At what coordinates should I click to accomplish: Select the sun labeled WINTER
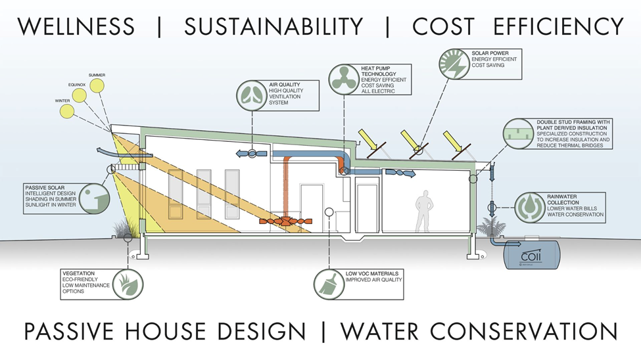pos(68,110)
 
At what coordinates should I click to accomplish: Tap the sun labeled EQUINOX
pos(80,95)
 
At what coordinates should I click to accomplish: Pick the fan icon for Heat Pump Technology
pos(344,78)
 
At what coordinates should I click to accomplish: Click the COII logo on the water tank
pos(529,254)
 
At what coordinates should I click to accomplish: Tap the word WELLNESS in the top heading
pos(76,26)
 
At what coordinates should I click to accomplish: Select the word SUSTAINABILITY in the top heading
pos(273,26)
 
